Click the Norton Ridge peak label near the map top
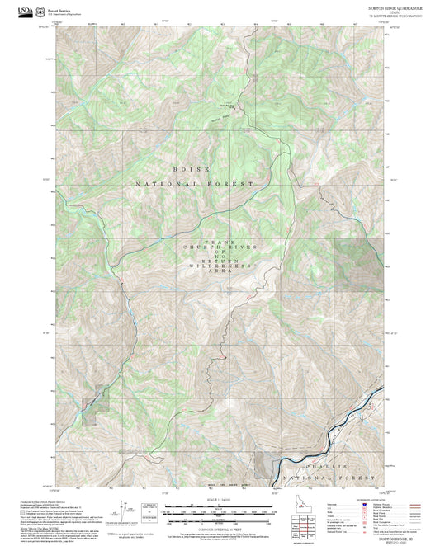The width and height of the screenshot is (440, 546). click(x=227, y=106)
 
